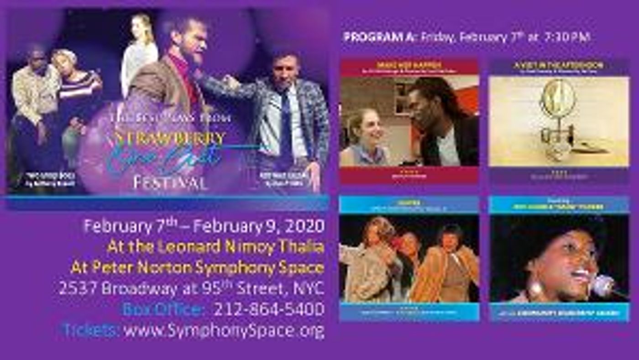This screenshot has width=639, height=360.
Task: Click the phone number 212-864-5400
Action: tap(269, 309)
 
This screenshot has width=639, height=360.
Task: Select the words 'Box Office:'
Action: tap(162, 309)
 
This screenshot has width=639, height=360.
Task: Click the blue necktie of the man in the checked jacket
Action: tap(286, 123)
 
